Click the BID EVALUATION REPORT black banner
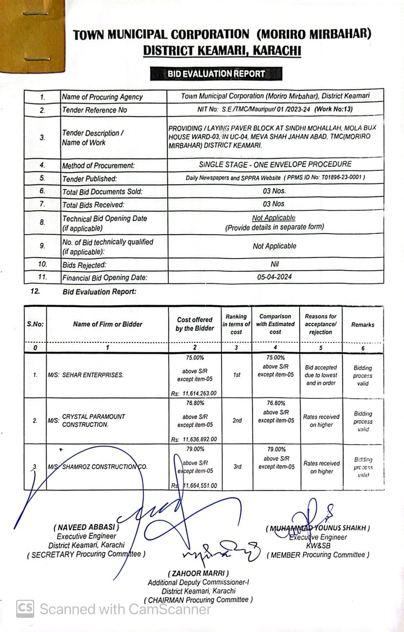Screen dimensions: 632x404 pyautogui.click(x=216, y=74)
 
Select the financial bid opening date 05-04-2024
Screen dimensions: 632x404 pyautogui.click(x=275, y=276)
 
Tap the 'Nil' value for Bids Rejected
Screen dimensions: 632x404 pyautogui.click(x=275, y=264)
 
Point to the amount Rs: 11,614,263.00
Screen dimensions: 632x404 pyautogui.click(x=194, y=393)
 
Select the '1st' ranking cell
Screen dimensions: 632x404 pyautogui.click(x=237, y=375)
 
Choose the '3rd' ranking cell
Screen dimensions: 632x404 pyautogui.click(x=237, y=467)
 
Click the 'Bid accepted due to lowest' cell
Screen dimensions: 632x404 pyautogui.click(x=321, y=375)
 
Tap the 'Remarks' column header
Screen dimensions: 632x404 pyautogui.click(x=363, y=325)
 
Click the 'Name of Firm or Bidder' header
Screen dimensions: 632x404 pyautogui.click(x=107, y=324)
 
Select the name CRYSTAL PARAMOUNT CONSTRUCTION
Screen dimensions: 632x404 pyautogui.click(x=93, y=420)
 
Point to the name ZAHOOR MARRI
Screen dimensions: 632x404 pyautogui.click(x=198, y=573)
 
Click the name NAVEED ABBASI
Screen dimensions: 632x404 pyautogui.click(x=86, y=527)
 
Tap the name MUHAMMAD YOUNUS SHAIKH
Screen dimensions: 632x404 pyautogui.click(x=318, y=529)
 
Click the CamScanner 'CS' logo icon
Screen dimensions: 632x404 pyautogui.click(x=25, y=609)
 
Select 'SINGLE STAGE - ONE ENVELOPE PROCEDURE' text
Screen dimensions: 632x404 pyautogui.click(x=275, y=164)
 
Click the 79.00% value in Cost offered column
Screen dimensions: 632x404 pyautogui.click(x=195, y=449)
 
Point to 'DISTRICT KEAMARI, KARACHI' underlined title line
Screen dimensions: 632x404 pyautogui.click(x=222, y=51)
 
